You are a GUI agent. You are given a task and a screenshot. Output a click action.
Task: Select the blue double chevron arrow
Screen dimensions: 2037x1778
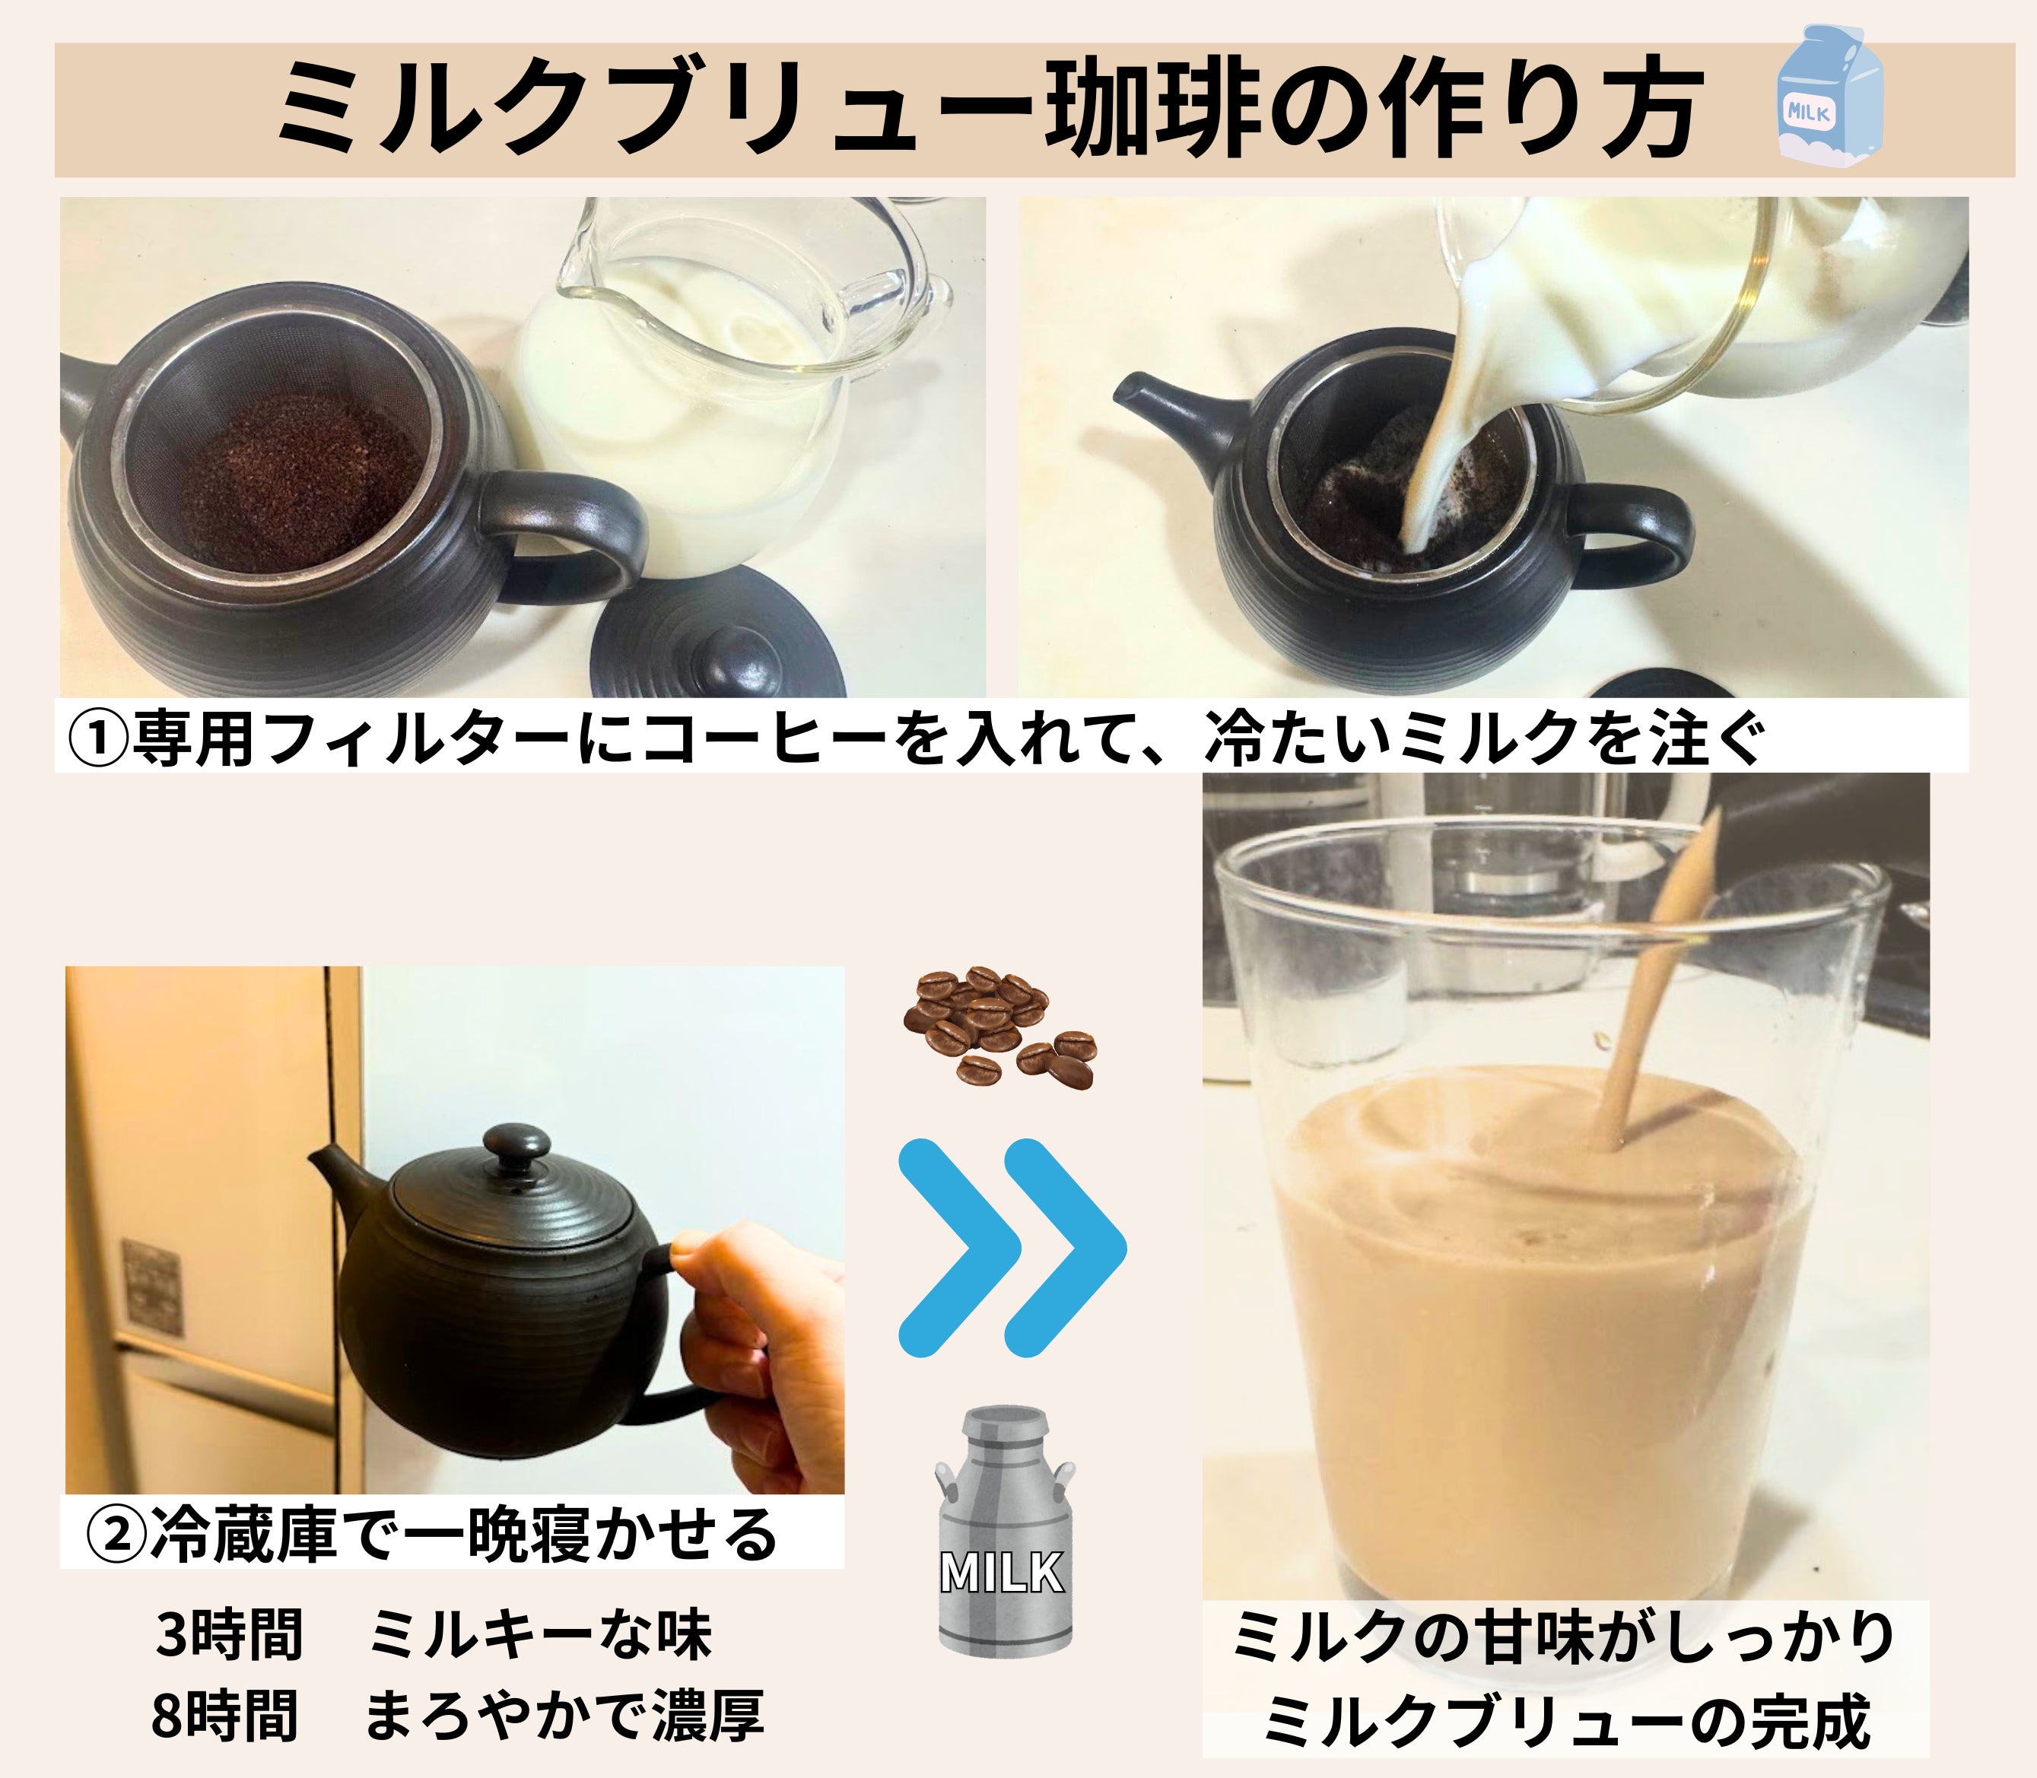click(x=1013, y=1248)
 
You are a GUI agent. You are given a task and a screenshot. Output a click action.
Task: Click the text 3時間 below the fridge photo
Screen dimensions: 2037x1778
click(x=229, y=1634)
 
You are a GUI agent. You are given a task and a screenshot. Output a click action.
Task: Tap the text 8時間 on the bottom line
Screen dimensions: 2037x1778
click(x=225, y=1716)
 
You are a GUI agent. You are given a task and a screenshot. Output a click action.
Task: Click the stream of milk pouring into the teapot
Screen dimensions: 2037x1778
click(x=1434, y=437)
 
